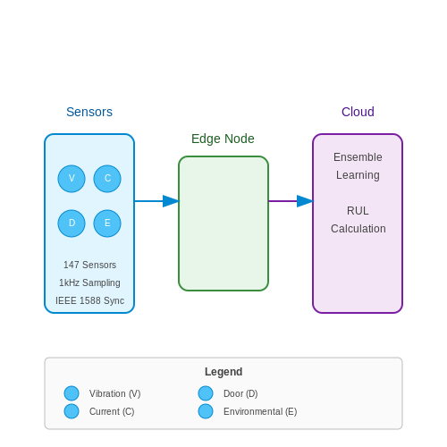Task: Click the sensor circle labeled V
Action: (72, 179)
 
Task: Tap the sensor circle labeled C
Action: (107, 179)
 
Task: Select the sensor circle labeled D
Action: (72, 223)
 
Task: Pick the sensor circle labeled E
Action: (107, 223)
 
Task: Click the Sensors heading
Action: (89, 112)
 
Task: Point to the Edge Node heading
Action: (223, 139)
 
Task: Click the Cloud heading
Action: (358, 112)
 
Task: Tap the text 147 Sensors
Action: (89, 265)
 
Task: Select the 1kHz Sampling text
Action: (89, 283)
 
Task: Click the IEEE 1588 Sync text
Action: (89, 300)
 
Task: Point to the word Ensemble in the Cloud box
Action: (358, 157)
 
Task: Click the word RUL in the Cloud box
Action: (358, 211)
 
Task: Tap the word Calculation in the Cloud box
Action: (358, 229)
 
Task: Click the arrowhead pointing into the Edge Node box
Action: (171, 201)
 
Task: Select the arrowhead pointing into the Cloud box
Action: (305, 201)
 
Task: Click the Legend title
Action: (223, 372)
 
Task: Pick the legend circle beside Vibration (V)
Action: (72, 393)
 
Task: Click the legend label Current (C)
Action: (112, 411)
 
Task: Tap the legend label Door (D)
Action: (240, 393)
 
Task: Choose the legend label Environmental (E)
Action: (260, 411)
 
